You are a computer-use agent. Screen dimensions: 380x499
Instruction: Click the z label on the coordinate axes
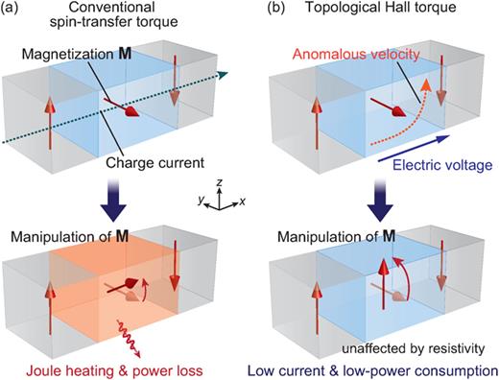click(222, 180)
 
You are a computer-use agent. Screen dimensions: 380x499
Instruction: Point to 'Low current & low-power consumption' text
click(379, 368)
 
